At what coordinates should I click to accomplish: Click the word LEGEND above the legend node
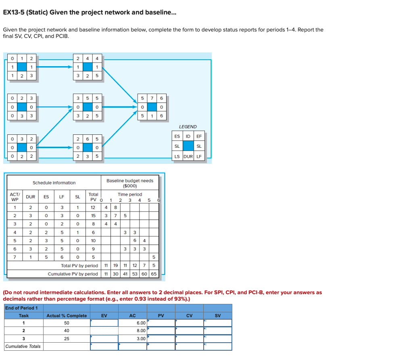188,127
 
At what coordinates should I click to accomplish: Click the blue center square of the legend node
188,146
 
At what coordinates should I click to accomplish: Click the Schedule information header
54,183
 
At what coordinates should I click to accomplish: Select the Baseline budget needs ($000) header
129,183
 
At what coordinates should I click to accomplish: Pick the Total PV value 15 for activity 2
93,216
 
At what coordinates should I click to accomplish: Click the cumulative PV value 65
154,274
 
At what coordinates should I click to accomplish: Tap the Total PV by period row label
79,266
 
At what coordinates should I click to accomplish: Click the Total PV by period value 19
115,266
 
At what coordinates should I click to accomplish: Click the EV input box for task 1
104,323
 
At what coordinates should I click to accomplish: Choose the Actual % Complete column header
67,316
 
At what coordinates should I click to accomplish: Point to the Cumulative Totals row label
23,346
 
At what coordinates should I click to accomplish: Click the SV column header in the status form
217,316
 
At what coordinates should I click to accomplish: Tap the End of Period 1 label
21,308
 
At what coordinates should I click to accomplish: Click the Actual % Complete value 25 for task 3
67,339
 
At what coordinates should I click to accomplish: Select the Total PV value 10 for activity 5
93,240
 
